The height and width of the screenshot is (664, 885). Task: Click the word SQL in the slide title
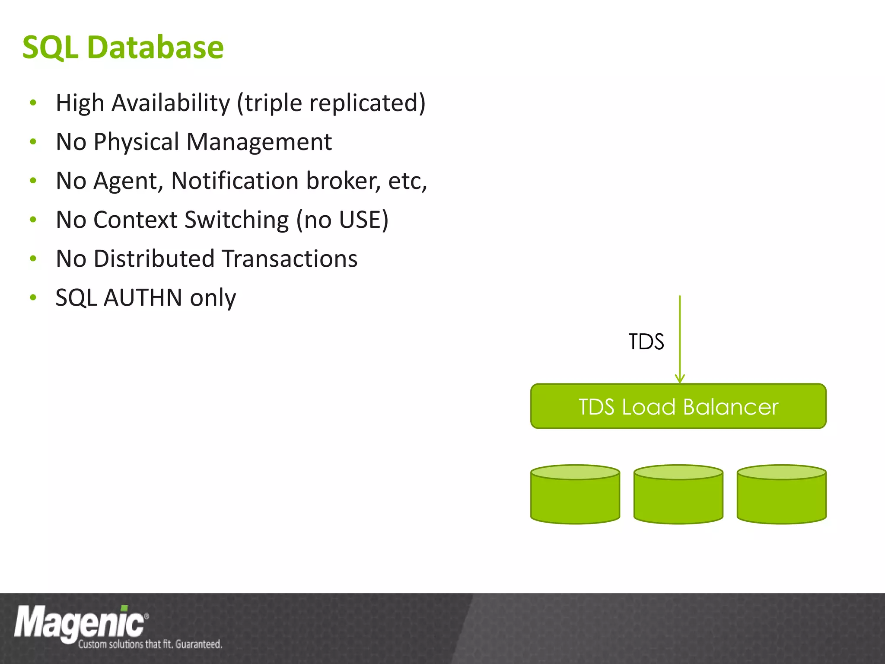(x=50, y=48)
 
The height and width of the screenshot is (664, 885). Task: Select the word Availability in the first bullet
(x=171, y=103)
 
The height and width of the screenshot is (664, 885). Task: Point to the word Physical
(x=136, y=142)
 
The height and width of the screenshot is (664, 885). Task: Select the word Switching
(x=236, y=220)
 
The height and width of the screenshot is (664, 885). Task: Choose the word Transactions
(x=290, y=259)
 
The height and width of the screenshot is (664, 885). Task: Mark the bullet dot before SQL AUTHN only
(x=33, y=297)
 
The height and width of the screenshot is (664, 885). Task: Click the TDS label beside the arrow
(x=646, y=342)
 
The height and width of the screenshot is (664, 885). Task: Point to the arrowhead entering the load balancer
(x=680, y=379)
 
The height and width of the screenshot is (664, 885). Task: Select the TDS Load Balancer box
(x=678, y=406)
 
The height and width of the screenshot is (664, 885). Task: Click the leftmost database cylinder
(x=575, y=495)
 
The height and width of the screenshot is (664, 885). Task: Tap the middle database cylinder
(x=678, y=495)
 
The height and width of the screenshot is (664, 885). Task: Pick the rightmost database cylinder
(x=781, y=495)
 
